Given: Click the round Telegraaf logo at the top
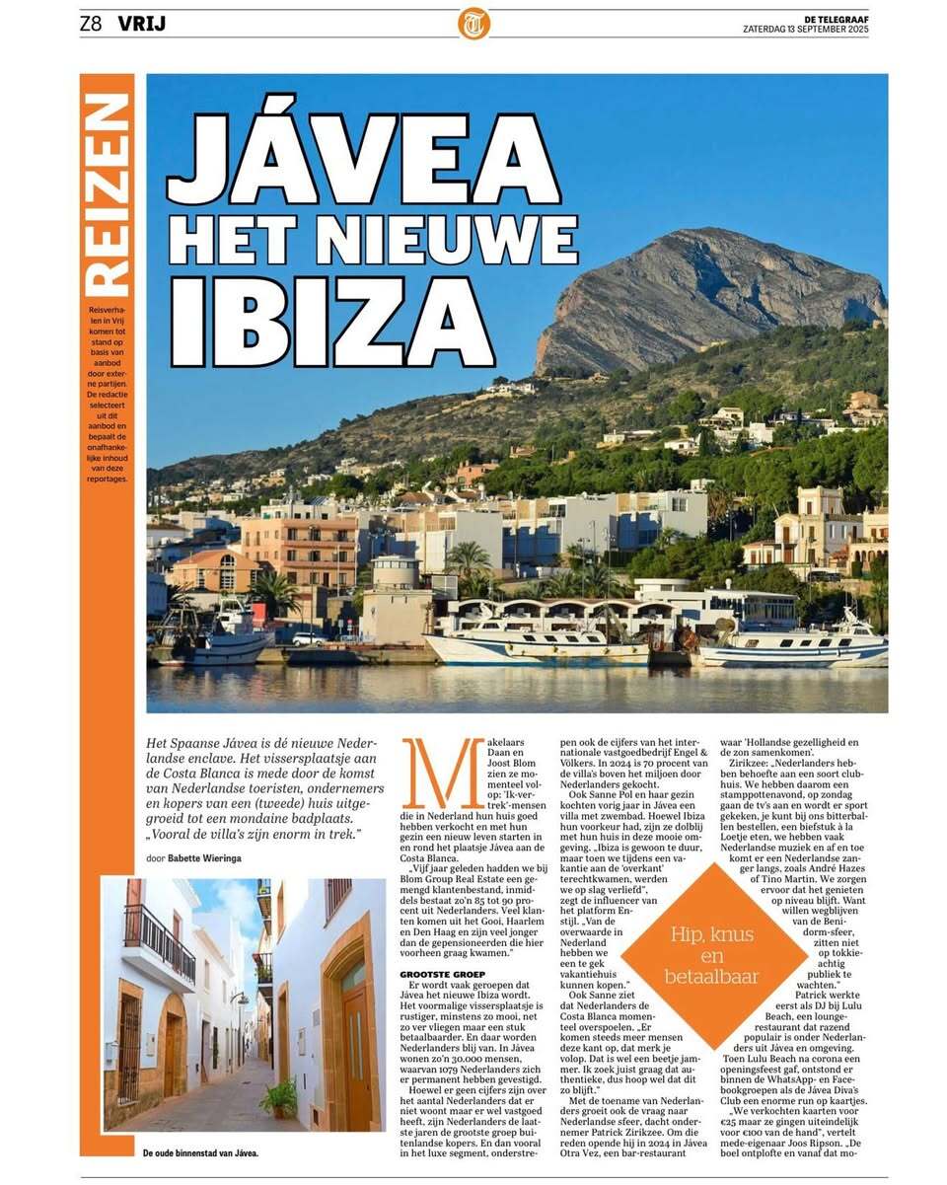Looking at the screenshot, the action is click(473, 23).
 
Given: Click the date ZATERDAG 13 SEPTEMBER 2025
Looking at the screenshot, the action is click(805, 29).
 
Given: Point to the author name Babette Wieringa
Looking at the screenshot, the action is click(203, 857).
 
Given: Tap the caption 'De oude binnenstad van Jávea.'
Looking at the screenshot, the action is click(201, 1152).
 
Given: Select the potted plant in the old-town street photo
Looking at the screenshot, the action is click(280, 1097).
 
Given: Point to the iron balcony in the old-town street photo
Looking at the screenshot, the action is click(158, 941).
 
